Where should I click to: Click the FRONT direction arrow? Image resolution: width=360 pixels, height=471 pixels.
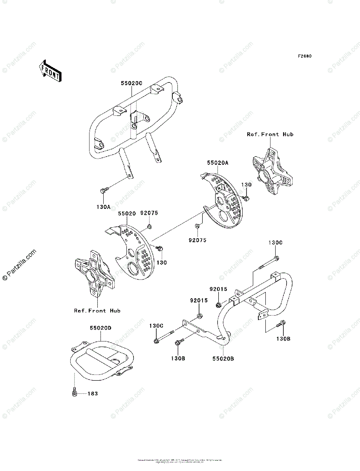(49, 71)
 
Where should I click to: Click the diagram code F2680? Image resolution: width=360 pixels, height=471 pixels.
(304, 56)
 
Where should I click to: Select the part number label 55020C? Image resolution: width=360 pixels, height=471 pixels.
(131, 83)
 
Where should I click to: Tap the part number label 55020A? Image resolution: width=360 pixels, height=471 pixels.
(218, 162)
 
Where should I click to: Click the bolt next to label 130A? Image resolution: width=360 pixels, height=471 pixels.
(104, 191)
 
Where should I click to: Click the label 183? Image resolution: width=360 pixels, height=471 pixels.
(92, 393)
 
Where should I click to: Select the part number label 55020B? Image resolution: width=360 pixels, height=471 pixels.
(224, 358)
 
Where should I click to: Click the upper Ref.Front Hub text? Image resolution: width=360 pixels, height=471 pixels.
(270, 134)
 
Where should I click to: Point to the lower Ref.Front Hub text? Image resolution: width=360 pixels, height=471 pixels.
(97, 310)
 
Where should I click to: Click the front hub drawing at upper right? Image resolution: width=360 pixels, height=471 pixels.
(270, 169)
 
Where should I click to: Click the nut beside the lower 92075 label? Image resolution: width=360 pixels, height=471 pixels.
(197, 226)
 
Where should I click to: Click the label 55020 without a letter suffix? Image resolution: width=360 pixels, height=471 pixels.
(126, 214)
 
